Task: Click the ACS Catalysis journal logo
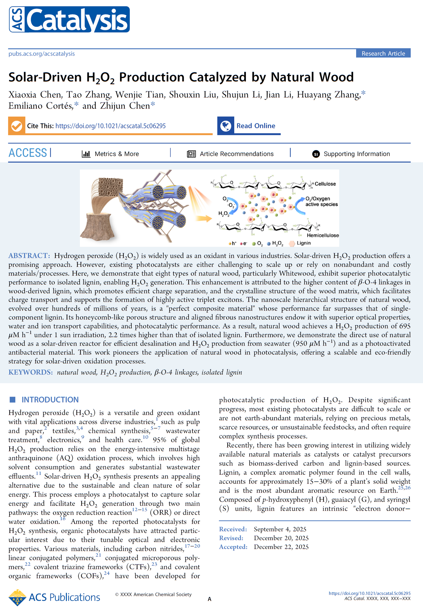point(70,20)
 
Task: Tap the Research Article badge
point(383,54)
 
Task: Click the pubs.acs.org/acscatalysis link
point(42,54)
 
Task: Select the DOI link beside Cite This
point(110,126)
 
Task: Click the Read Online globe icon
point(226,126)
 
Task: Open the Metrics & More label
point(117,154)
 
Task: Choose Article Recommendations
point(236,154)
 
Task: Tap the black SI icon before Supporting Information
point(316,154)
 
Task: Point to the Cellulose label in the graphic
point(325,184)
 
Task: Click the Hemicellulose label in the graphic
point(323,235)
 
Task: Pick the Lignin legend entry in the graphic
point(304,243)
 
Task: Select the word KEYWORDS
point(30,373)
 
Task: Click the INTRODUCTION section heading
point(50,400)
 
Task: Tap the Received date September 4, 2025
point(280,529)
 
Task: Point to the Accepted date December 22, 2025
point(281,547)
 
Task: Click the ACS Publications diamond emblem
point(17,598)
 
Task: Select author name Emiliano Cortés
point(41,106)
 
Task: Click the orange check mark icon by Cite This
point(17,126)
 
